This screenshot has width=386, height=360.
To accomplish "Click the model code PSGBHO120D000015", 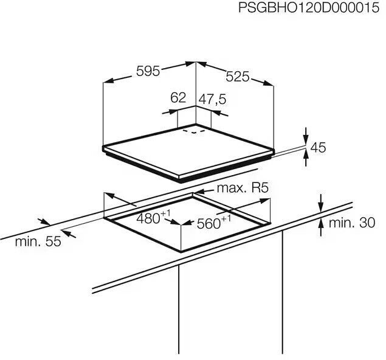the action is (309, 9).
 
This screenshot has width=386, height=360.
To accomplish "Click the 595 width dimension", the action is (147, 71).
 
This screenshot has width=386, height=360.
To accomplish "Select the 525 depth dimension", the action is (238, 77).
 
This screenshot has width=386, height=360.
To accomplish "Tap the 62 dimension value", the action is (177, 98).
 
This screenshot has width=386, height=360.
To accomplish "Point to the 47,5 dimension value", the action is (212, 98).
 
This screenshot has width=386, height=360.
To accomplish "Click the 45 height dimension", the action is (319, 147).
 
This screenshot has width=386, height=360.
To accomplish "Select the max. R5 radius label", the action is (243, 188).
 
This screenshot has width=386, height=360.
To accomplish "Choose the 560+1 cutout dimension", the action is (214, 223).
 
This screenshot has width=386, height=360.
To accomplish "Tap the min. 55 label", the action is (38, 241).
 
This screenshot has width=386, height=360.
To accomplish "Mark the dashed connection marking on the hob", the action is (194, 130).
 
